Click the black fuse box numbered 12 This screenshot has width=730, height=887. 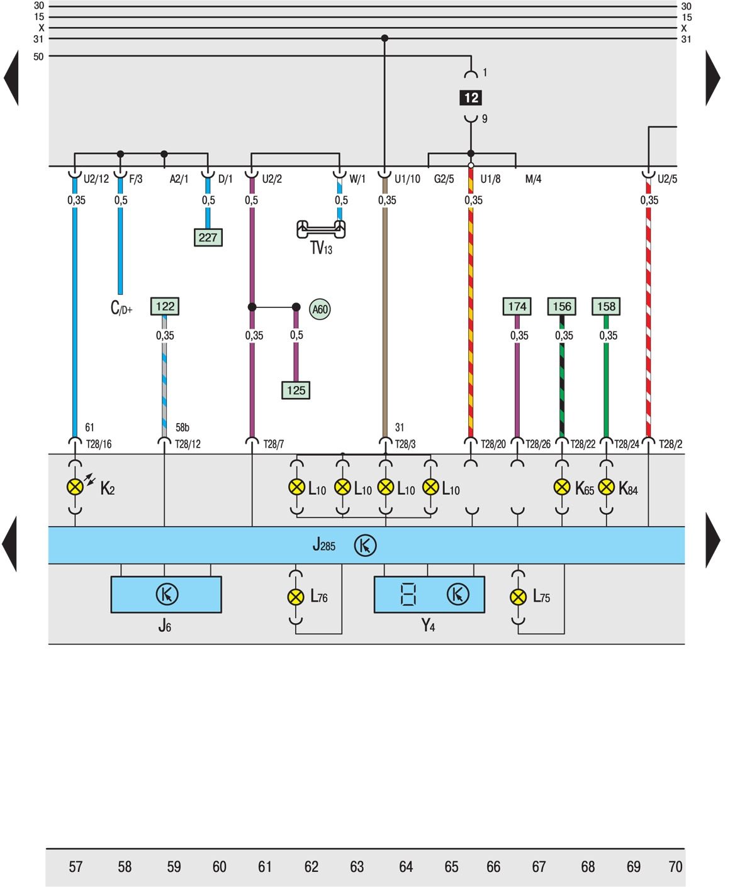(471, 97)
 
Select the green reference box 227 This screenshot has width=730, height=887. (208, 238)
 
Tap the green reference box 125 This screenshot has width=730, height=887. (296, 390)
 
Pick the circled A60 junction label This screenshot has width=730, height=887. (320, 309)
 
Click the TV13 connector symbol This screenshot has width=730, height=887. (321, 230)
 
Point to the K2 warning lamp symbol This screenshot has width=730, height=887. (75, 487)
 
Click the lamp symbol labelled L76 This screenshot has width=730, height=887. (296, 597)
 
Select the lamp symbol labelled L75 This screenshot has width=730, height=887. (518, 597)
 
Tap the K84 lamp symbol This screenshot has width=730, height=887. (606, 487)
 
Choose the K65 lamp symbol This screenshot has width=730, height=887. (562, 487)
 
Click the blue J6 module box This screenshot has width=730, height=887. (166, 594)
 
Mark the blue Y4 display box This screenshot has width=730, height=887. (429, 594)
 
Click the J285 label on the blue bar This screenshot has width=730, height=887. (323, 544)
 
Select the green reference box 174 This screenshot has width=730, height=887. (517, 306)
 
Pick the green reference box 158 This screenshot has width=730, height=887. (606, 306)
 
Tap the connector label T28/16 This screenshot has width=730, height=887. (99, 444)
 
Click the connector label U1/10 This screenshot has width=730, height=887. (407, 179)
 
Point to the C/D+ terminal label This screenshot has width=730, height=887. (121, 308)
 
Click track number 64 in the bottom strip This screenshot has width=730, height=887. (406, 867)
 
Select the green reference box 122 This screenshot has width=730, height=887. (165, 306)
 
